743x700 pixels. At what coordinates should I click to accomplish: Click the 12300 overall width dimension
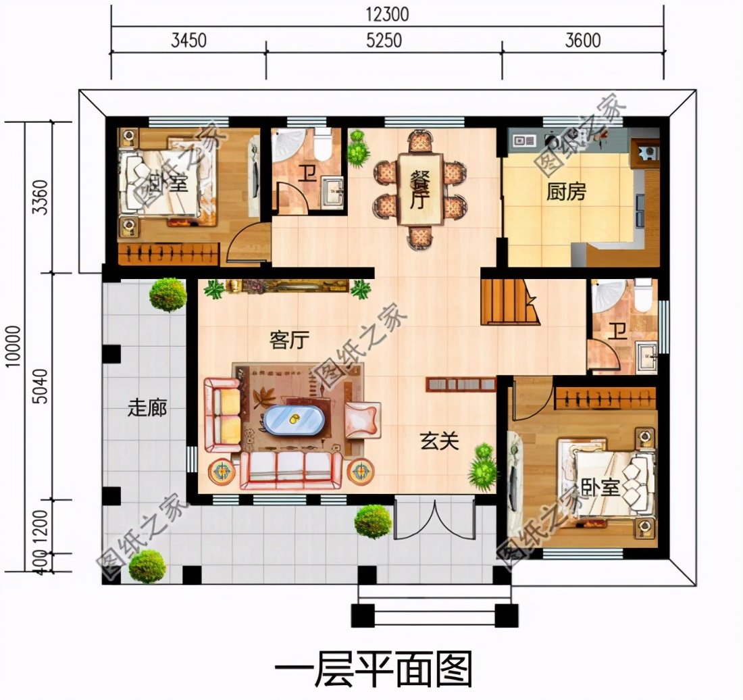click(388, 14)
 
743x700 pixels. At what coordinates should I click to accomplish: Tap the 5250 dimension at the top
click(384, 41)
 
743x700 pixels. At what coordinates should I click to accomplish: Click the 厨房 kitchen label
click(566, 193)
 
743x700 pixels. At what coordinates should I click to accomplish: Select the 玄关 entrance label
click(440, 442)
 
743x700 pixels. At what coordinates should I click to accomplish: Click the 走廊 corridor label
click(147, 409)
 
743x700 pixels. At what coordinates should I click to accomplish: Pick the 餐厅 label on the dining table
click(419, 189)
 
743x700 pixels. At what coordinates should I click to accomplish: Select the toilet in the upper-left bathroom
click(322, 144)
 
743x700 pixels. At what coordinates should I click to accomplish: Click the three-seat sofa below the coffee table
click(291, 468)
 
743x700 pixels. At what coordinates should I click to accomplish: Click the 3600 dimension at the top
click(583, 41)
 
